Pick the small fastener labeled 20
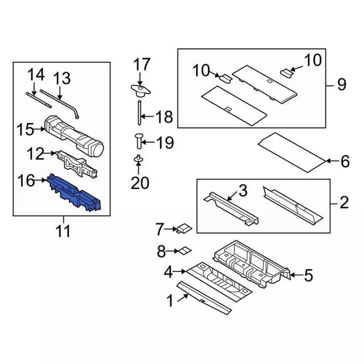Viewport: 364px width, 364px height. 137,160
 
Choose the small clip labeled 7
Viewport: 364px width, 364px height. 183,229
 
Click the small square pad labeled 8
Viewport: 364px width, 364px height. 185,250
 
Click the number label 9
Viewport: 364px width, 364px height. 341,85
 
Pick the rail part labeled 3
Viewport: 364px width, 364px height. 230,207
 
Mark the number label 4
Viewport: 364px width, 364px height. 168,272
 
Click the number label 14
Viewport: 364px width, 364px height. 36,74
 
